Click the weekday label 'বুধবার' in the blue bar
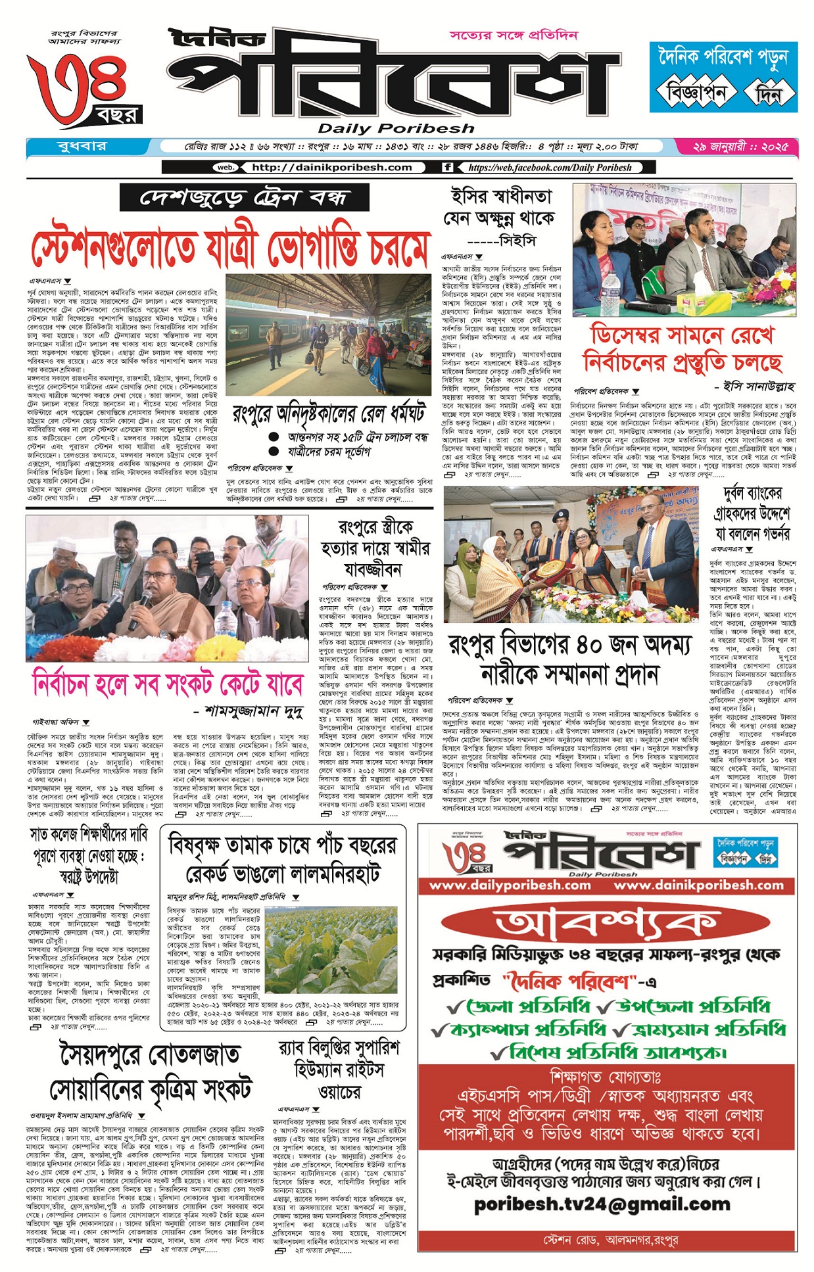click(82, 146)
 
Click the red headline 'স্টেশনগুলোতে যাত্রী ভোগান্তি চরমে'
click(229, 248)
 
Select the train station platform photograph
click(328, 335)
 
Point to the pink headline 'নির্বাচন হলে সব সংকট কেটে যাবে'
click(167, 684)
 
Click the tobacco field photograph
click(331, 950)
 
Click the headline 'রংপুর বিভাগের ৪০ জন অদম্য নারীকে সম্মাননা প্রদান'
click(569, 659)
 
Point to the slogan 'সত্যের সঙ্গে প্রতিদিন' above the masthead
click(514, 34)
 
